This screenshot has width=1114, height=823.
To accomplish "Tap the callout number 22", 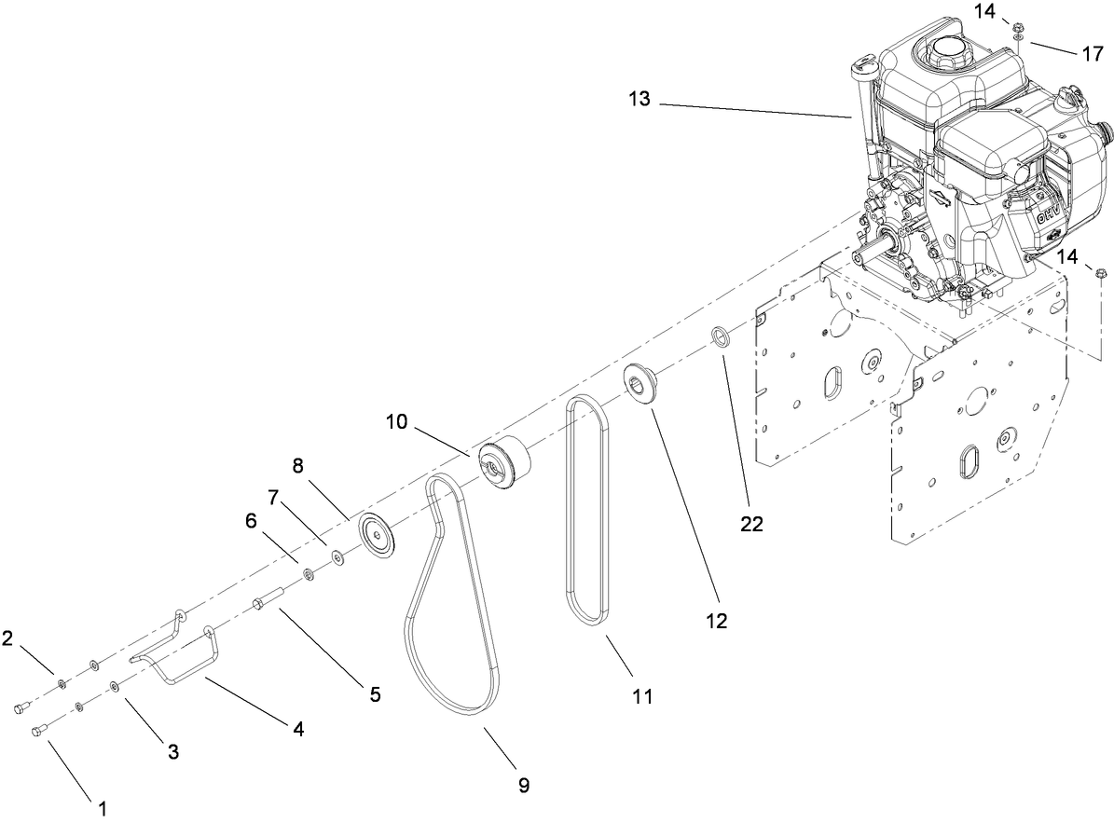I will pyautogui.click(x=751, y=524).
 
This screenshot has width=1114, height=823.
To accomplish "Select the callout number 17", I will pyautogui.click(x=1093, y=54).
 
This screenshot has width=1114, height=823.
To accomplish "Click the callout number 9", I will pyautogui.click(x=523, y=786).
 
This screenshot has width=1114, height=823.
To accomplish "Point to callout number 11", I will pyautogui.click(x=641, y=695).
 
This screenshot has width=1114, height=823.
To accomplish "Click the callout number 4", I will pyautogui.click(x=298, y=731).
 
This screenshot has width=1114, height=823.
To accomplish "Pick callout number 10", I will pyautogui.click(x=396, y=422).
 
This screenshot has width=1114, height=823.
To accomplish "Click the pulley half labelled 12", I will pyautogui.click(x=641, y=383).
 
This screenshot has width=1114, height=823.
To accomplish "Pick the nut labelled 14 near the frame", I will pyautogui.click(x=1100, y=273).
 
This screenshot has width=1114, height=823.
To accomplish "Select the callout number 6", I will pyautogui.click(x=251, y=522).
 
